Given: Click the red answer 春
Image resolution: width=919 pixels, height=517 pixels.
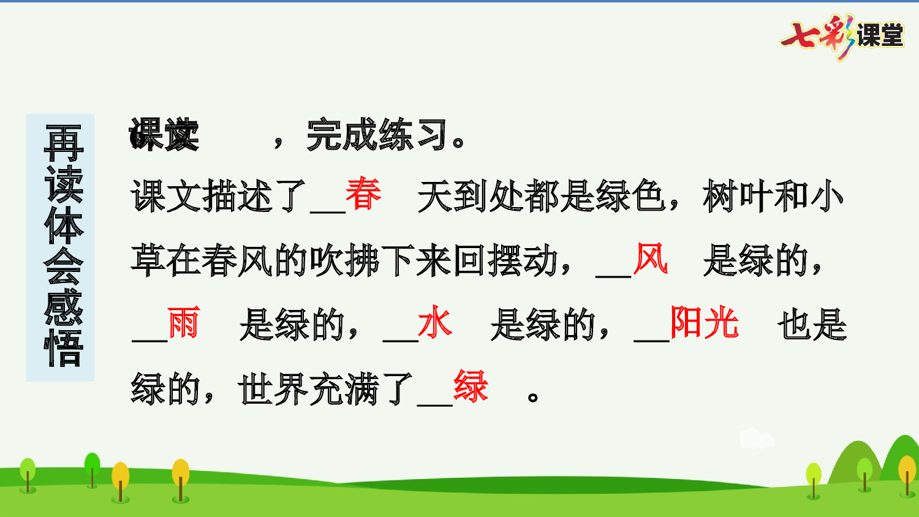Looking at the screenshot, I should [363, 194].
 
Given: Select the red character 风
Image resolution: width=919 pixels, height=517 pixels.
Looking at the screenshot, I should [650, 258].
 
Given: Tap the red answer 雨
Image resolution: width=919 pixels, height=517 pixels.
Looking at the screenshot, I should [183, 323].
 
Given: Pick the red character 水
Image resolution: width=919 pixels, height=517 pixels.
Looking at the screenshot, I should [435, 323].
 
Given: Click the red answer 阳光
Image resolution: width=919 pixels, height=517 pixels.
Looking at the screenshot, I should [705, 323].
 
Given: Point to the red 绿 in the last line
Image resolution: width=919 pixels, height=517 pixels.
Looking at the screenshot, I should [471, 387].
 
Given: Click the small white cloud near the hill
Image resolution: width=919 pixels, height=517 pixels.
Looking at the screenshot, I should [756, 438].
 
